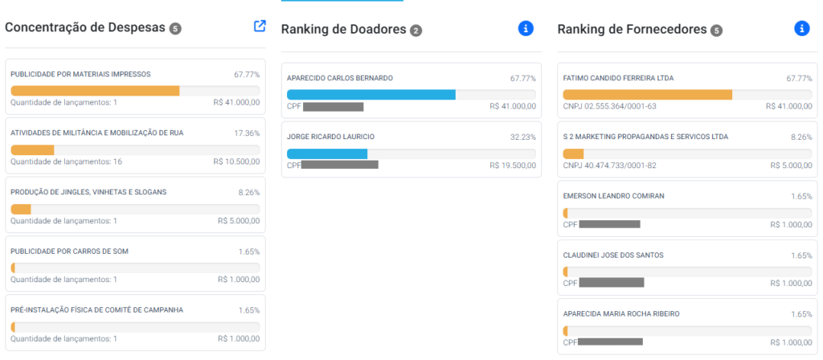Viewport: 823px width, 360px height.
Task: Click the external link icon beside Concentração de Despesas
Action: click(x=260, y=26)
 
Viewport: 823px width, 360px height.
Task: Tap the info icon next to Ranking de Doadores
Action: click(x=526, y=28)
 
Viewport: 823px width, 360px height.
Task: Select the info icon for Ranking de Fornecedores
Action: click(x=801, y=28)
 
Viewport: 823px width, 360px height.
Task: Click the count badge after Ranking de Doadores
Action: click(x=416, y=31)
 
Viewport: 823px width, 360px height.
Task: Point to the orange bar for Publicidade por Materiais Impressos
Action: click(x=95, y=90)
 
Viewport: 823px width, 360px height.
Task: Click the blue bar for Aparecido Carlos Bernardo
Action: click(x=371, y=94)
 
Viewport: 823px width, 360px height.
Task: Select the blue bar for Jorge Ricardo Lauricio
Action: click(x=326, y=153)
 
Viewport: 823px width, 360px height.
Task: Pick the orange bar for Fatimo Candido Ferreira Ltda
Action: click(x=647, y=94)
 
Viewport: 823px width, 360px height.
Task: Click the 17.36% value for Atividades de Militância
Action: click(x=247, y=133)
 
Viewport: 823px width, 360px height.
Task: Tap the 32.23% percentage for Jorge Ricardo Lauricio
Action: click(x=522, y=137)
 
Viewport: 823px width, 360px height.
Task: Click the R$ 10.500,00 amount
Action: click(x=236, y=162)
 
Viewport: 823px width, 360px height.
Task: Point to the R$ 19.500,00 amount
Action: click(x=512, y=166)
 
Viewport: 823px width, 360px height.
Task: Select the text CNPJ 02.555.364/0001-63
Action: click(x=609, y=106)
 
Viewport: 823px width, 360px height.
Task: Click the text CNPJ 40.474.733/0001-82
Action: click(x=609, y=166)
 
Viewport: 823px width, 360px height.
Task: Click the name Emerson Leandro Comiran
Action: click(x=613, y=196)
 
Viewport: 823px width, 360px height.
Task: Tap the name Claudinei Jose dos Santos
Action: click(x=613, y=255)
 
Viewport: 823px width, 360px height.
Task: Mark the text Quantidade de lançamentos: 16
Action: click(x=66, y=162)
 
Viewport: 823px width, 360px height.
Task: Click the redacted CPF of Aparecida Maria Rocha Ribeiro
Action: click(x=610, y=342)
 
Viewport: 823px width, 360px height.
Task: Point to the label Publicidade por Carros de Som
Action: click(x=69, y=251)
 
